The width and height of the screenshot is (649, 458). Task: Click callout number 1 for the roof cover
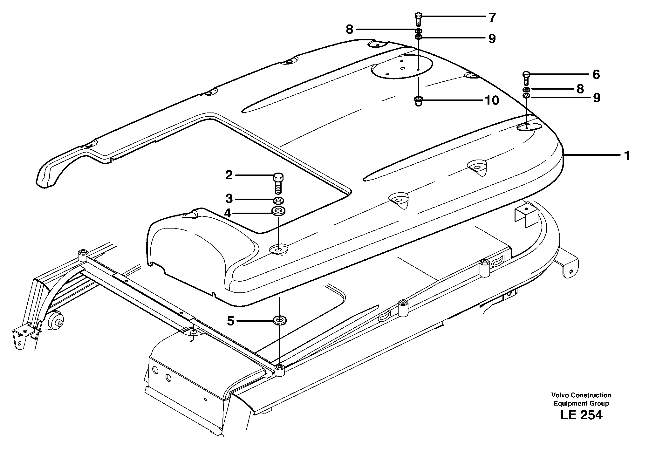point(627,156)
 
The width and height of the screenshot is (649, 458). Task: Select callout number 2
point(229,175)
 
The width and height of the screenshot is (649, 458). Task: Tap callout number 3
point(229,199)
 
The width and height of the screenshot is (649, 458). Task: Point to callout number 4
point(228,213)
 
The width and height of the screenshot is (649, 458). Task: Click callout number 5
point(230,321)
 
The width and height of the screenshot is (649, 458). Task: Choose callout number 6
point(596,75)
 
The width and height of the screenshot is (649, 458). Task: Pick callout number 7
point(492,17)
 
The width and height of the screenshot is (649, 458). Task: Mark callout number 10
point(492,101)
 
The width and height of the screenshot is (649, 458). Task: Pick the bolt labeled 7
point(419,20)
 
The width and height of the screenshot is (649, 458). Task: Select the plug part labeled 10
point(419,101)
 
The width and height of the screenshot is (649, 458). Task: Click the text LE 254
point(581,415)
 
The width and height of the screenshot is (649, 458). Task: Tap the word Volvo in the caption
point(560,395)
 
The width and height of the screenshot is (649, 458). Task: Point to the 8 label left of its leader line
point(349,30)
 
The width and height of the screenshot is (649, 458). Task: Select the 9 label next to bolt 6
point(597,98)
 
